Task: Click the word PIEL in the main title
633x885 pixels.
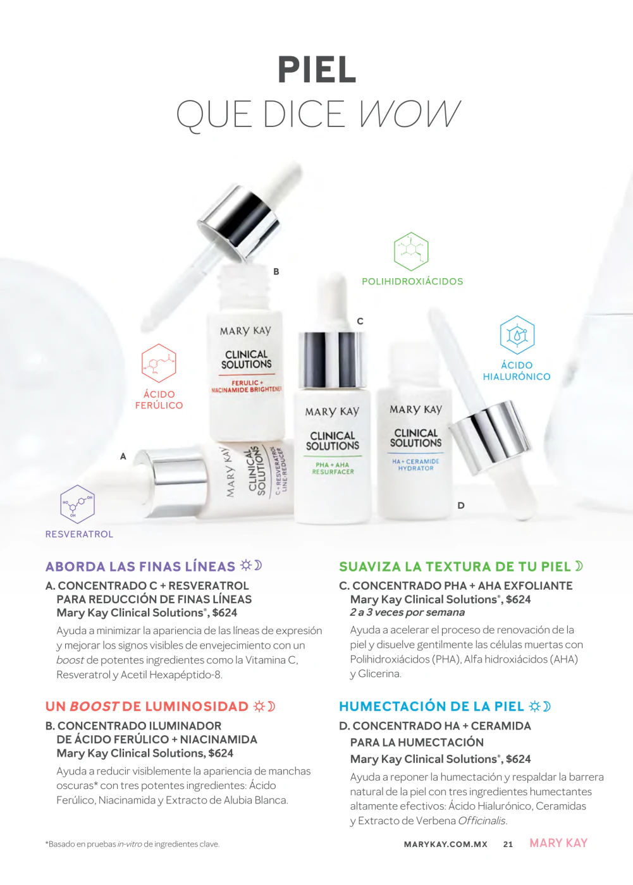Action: point(317,70)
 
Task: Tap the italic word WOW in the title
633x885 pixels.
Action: point(409,114)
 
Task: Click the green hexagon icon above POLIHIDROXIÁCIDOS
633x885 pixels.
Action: point(411,252)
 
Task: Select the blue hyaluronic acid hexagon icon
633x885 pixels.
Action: point(517,334)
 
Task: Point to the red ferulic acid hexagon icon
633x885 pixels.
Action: point(159,363)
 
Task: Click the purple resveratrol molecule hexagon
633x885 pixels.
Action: point(77,504)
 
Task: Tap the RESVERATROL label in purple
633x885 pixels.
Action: point(79,534)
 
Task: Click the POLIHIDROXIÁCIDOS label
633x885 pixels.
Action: point(412,281)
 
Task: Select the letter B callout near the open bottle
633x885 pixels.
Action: point(276,271)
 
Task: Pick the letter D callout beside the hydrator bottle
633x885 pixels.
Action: point(461,505)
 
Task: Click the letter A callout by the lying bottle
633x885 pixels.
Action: point(123,456)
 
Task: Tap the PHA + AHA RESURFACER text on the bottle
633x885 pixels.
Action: point(333,468)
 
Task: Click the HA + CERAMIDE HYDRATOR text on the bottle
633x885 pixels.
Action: point(415,465)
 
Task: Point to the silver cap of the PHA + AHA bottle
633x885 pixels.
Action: point(332,360)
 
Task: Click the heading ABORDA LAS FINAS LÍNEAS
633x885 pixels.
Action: point(140,566)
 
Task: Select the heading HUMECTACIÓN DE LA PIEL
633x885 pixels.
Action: point(431,706)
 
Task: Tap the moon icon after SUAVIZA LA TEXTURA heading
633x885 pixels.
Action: point(579,566)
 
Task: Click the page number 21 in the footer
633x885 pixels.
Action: point(508,845)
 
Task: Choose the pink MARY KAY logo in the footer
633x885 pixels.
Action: point(559,843)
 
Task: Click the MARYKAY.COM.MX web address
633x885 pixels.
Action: point(446,845)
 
